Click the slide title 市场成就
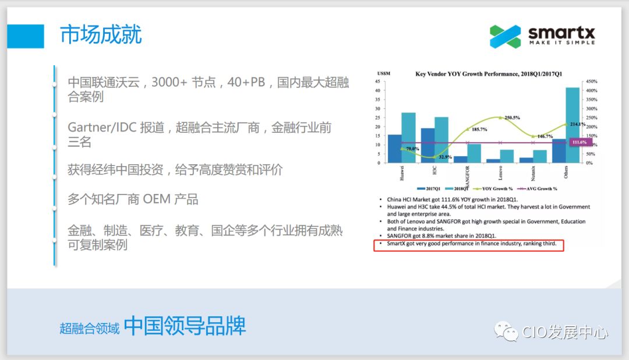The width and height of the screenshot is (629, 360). tap(101, 35)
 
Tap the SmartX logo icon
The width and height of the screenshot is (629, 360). tap(505, 36)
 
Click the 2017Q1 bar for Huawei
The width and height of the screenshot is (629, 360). tap(394, 149)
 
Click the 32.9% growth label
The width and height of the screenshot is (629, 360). tap(446, 157)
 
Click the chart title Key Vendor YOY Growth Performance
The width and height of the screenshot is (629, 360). tap(488, 74)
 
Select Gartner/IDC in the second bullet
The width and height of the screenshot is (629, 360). tap(101, 128)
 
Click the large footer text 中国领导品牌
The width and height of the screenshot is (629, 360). tap(185, 326)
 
